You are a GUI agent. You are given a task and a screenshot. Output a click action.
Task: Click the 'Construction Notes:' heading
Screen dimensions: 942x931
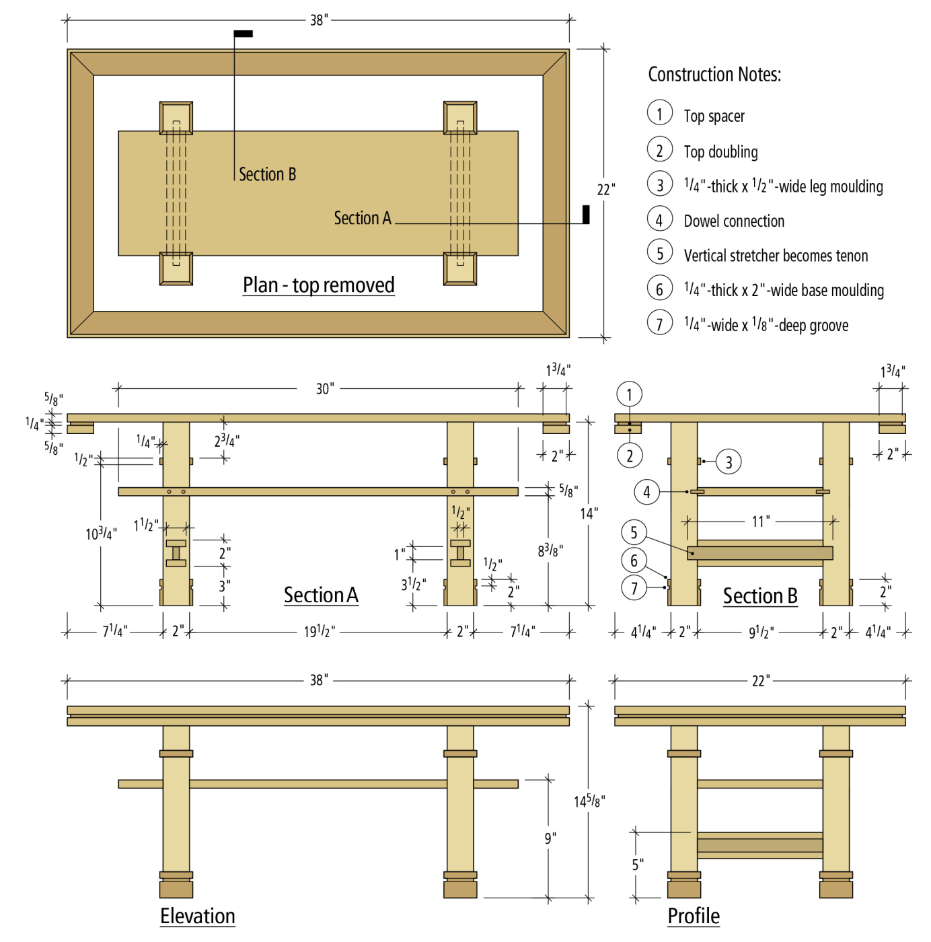point(714,75)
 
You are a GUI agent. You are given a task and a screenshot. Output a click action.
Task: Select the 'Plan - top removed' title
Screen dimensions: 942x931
point(318,285)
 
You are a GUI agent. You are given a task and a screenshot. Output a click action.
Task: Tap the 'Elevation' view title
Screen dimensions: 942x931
point(197,916)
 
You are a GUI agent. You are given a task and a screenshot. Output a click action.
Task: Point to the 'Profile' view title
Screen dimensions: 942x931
point(693,916)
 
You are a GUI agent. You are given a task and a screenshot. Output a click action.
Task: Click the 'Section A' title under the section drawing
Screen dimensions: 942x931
point(321,595)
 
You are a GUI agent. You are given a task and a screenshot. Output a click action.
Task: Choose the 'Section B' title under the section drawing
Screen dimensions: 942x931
point(759,596)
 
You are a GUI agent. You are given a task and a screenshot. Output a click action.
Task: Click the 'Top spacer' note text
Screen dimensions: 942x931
point(714,116)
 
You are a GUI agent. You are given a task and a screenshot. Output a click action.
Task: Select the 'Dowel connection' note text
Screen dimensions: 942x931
point(733,221)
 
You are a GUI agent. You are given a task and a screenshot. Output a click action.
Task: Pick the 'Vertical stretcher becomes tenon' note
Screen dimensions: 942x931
point(775,256)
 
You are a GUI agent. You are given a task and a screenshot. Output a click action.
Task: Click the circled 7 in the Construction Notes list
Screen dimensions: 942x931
point(659,324)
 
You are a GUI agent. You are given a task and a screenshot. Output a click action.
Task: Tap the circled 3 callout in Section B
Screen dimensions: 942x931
point(728,462)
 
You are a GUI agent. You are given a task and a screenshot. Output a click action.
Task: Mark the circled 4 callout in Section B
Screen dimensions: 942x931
point(646,492)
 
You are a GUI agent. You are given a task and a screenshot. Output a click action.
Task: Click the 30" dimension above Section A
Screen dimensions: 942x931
point(324,389)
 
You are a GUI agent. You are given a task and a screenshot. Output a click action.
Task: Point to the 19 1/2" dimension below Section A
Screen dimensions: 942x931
point(319,632)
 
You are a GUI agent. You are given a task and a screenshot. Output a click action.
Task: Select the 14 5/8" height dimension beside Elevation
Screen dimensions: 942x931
point(589,801)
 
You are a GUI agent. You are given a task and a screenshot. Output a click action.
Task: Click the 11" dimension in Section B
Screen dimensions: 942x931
point(760,521)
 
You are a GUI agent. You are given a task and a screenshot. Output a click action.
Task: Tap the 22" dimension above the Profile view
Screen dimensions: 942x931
point(759,681)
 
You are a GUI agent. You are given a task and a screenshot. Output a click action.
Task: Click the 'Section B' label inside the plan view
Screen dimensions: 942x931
point(267,175)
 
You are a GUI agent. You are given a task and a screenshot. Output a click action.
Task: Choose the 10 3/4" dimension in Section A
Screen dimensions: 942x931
point(101,534)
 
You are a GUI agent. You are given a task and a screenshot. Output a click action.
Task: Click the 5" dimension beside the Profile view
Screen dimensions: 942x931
point(637,865)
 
